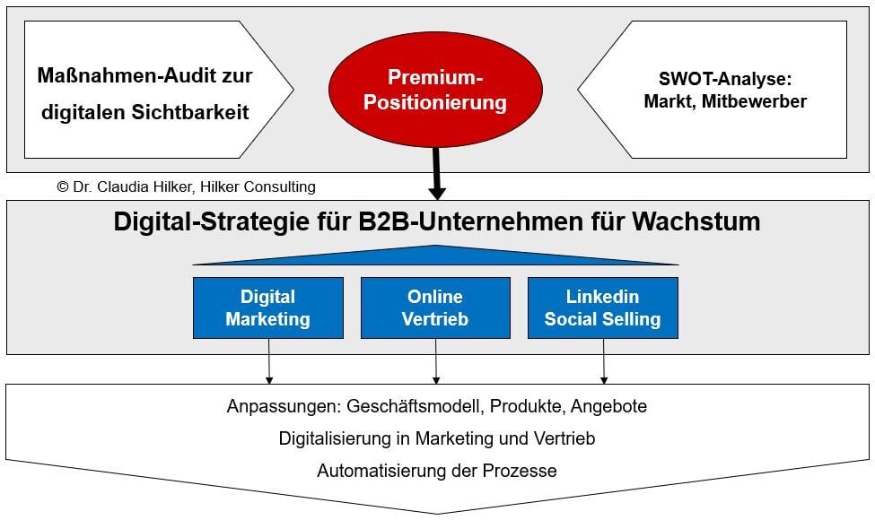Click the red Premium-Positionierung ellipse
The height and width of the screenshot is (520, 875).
pos(435,89)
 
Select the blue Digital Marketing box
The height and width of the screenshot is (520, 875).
pos(267,308)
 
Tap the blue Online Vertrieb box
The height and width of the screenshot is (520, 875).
pos(435,308)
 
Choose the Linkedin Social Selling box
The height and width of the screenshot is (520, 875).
pos(603,308)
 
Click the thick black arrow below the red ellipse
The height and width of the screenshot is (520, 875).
pos(436,173)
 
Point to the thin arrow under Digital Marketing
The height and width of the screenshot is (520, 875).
pos(269,361)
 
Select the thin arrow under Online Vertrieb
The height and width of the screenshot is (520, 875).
pos(436,361)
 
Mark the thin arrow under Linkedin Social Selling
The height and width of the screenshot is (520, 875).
pos(604,361)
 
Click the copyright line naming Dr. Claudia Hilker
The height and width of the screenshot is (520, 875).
pos(187,186)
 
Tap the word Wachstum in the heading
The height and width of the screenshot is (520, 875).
pos(696,221)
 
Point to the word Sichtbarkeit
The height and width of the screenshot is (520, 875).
pos(190,113)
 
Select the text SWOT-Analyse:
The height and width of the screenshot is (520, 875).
pos(725,79)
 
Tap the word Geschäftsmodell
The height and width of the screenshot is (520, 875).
pos(414,406)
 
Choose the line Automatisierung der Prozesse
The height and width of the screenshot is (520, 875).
pos(437,471)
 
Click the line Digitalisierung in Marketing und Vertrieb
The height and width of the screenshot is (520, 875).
pos(437,438)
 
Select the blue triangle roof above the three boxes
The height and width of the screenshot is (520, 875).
pos(436,256)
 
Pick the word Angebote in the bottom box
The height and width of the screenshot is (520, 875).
pos(608,407)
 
